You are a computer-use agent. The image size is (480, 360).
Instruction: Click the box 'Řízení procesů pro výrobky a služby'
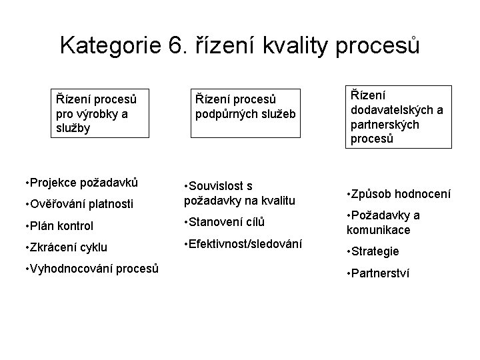click(99, 114)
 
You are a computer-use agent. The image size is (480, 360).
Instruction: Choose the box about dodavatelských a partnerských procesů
click(397, 117)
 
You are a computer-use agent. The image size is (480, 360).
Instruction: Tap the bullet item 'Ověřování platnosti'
click(80, 203)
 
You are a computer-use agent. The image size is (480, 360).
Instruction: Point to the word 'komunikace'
click(378, 230)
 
